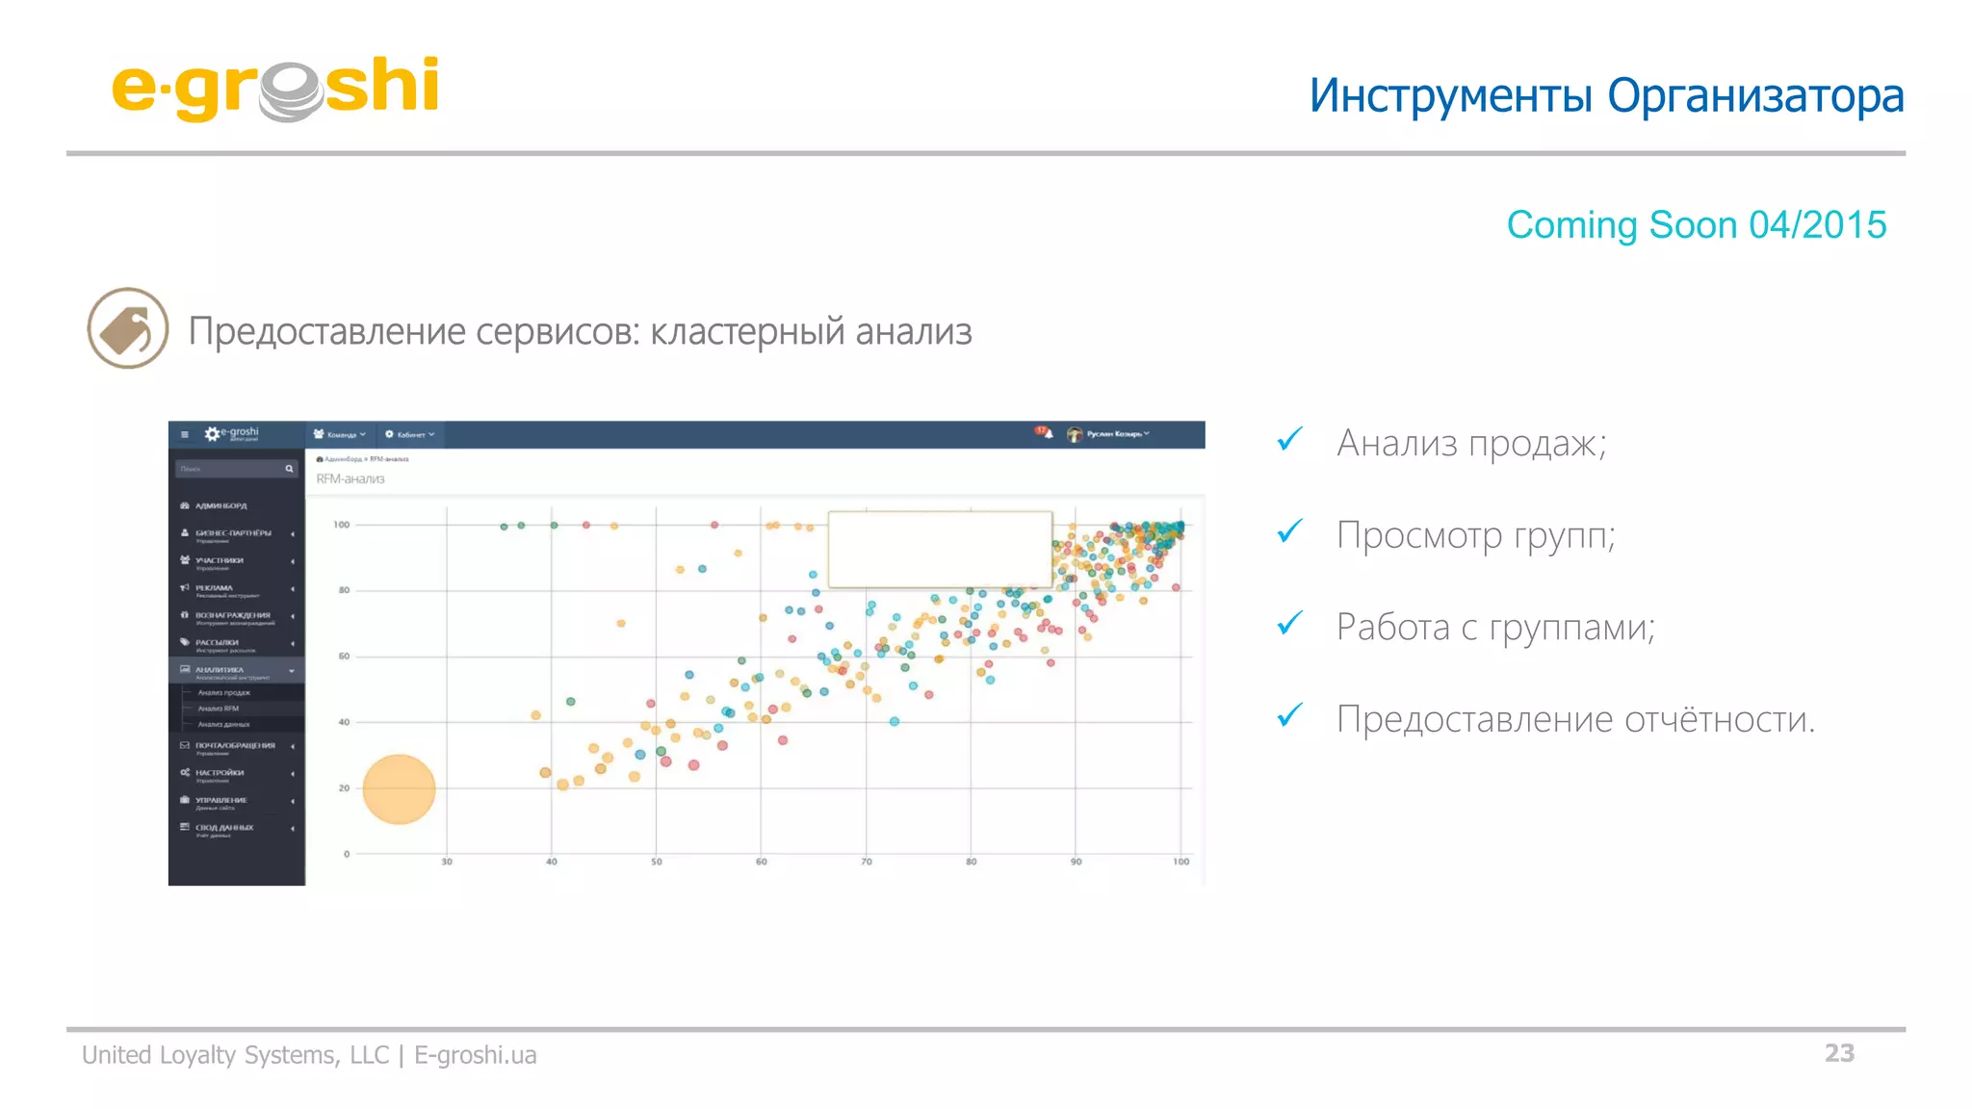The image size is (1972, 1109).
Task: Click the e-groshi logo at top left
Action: [x=275, y=89]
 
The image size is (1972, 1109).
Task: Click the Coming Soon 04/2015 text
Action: [x=1696, y=225]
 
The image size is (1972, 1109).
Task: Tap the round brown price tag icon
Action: [x=128, y=328]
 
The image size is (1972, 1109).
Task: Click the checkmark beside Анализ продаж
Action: [x=1289, y=440]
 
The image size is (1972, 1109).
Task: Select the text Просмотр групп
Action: [x=1475, y=535]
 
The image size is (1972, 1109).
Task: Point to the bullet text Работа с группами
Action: [x=1494, y=628]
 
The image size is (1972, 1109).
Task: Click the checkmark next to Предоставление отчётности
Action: [x=1289, y=715]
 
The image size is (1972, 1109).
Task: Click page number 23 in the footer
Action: [x=1838, y=1053]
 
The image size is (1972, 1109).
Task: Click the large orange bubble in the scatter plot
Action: [x=399, y=789]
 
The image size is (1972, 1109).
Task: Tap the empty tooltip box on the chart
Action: [x=939, y=549]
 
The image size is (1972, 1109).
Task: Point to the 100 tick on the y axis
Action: [x=342, y=525]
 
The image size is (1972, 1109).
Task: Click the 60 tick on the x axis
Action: [x=761, y=862]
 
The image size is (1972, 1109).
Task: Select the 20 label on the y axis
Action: [x=344, y=787]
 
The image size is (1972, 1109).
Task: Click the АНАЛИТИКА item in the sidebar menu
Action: [x=220, y=670]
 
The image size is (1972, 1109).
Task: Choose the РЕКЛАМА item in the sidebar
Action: [x=214, y=588]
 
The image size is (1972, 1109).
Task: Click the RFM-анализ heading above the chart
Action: [x=350, y=478]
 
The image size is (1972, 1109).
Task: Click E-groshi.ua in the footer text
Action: [x=475, y=1055]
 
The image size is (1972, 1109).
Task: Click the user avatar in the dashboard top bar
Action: [x=1075, y=434]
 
